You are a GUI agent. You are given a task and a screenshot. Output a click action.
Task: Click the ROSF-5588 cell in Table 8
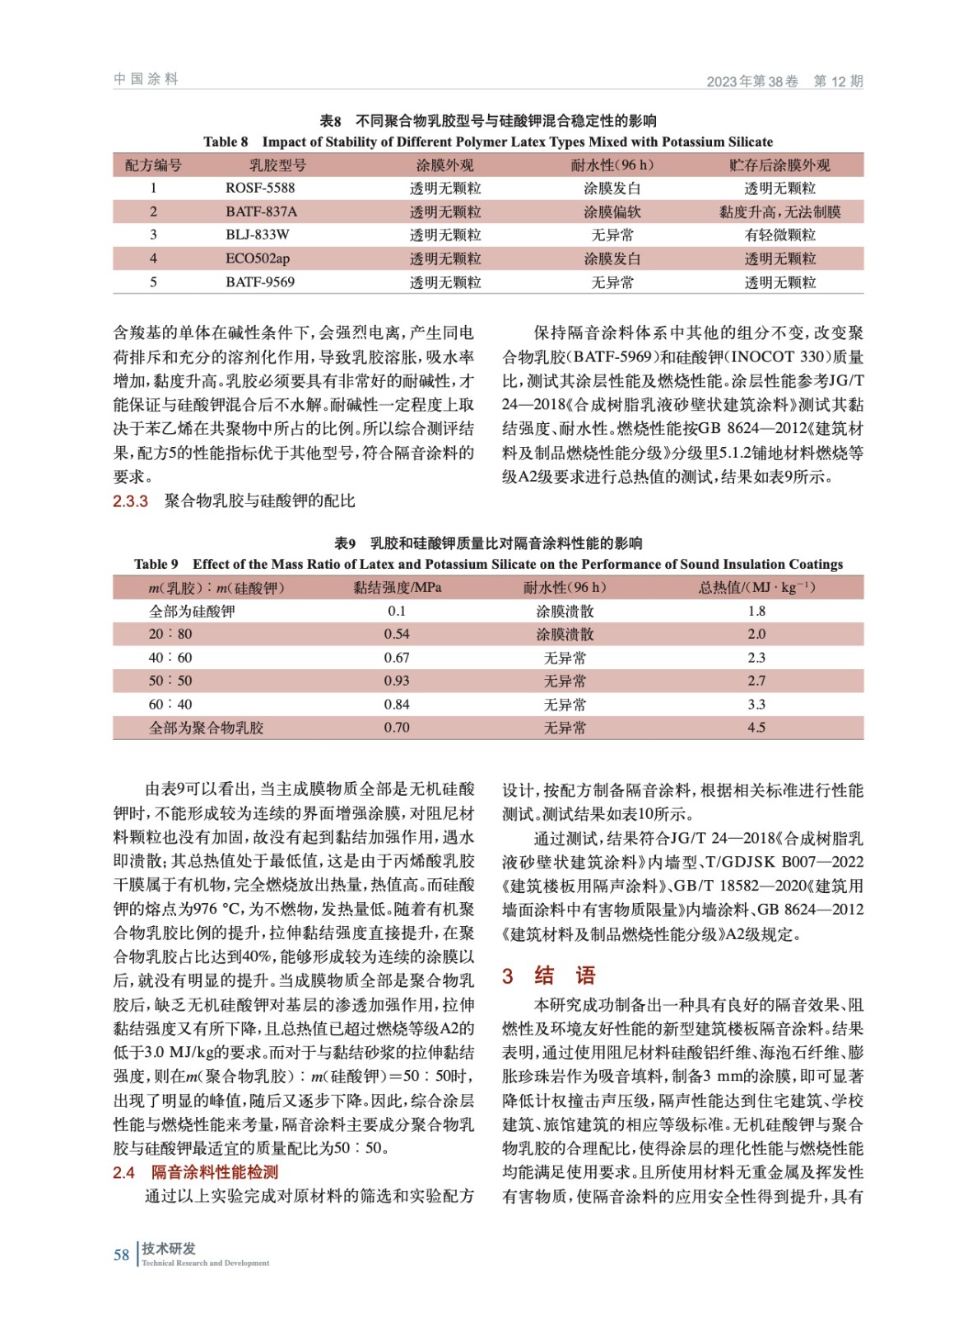tap(260, 188)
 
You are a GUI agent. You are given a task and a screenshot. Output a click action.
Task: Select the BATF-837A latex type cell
tap(262, 212)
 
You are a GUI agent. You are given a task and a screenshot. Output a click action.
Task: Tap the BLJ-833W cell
tap(258, 235)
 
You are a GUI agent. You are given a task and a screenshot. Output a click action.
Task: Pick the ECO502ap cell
tap(258, 258)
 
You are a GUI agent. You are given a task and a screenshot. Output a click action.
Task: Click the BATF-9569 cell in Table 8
tap(260, 282)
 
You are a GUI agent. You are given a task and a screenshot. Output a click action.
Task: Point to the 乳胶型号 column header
tap(278, 165)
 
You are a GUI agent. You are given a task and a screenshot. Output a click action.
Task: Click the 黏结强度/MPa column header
tap(397, 587)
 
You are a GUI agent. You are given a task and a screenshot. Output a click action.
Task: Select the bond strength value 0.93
tap(397, 681)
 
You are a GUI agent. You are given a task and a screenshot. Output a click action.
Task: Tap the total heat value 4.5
tap(756, 728)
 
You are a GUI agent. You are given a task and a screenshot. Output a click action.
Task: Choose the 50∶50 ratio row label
tap(170, 681)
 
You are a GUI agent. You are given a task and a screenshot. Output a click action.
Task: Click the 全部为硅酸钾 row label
tap(192, 611)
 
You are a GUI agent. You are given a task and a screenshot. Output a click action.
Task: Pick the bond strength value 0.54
tap(397, 634)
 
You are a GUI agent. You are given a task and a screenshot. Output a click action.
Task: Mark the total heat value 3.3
tap(756, 705)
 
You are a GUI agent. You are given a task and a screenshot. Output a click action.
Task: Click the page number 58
tap(122, 1254)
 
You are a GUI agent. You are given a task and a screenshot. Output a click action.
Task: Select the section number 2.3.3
tap(130, 501)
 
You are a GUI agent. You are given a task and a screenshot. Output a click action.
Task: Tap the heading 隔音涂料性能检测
tap(215, 1172)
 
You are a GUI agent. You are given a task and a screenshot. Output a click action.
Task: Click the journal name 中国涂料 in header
tap(146, 79)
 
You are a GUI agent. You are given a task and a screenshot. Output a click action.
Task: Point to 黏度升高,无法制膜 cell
tap(779, 212)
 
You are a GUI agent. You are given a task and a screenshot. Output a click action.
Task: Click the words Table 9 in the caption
tap(156, 564)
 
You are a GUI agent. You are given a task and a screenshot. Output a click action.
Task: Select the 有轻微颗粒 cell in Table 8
tap(779, 235)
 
